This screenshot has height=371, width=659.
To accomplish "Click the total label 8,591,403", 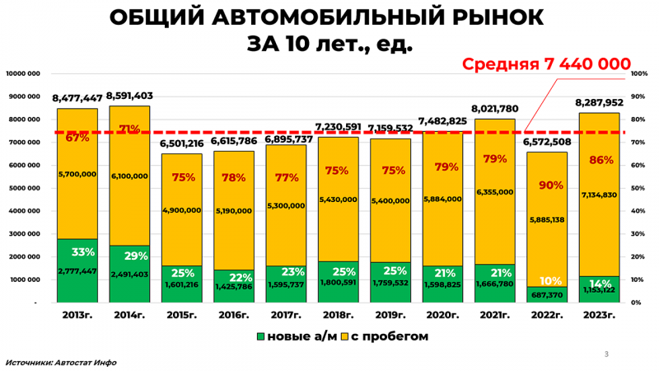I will [x=129, y=96].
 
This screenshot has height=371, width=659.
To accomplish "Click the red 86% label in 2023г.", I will [x=599, y=160].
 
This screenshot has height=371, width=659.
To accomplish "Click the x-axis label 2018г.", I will [x=338, y=314].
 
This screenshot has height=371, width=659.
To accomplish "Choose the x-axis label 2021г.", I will [x=494, y=314].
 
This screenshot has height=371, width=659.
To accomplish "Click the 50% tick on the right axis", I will [x=639, y=188].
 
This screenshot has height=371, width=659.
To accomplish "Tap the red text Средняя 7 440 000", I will [x=546, y=64].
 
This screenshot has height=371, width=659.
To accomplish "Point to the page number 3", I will [x=606, y=355].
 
